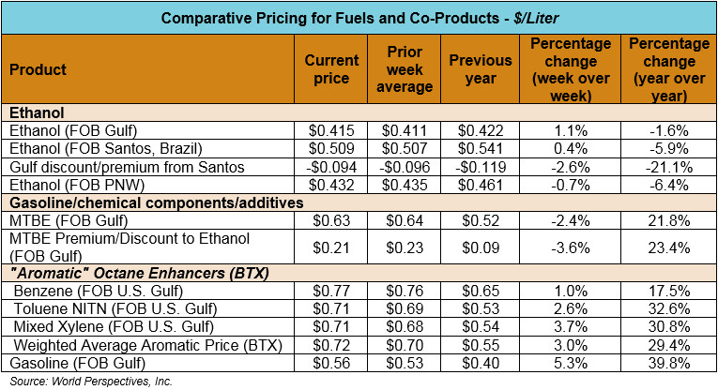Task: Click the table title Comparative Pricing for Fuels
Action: coord(359,18)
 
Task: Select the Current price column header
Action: coord(331,69)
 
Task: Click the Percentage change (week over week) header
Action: coord(570,69)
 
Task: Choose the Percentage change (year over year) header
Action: coord(667,69)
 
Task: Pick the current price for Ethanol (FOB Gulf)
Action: coord(331,131)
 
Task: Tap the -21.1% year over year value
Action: coord(667,167)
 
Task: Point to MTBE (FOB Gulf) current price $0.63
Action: coord(331,220)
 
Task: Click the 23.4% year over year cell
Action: coord(667,247)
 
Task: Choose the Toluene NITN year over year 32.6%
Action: coord(667,309)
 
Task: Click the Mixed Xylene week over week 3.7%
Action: coord(570,327)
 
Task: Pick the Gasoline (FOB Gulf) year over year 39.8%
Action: coord(667,363)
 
